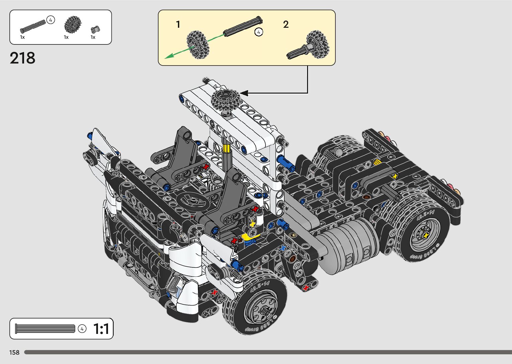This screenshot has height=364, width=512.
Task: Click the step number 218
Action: coord(22,58)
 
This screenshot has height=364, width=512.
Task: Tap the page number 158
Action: coord(14,352)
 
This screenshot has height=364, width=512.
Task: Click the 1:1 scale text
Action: coord(101,329)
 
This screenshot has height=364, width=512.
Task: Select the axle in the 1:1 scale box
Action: coord(45,329)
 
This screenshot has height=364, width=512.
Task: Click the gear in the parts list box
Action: coord(73,24)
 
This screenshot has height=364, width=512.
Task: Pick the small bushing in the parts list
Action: coord(95,29)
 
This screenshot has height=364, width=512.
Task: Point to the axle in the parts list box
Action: coord(33,26)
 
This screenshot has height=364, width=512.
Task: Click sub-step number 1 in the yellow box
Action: coord(178,24)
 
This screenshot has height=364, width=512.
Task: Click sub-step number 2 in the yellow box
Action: coord(286,24)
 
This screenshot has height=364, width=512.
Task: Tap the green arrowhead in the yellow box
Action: coord(169,56)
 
